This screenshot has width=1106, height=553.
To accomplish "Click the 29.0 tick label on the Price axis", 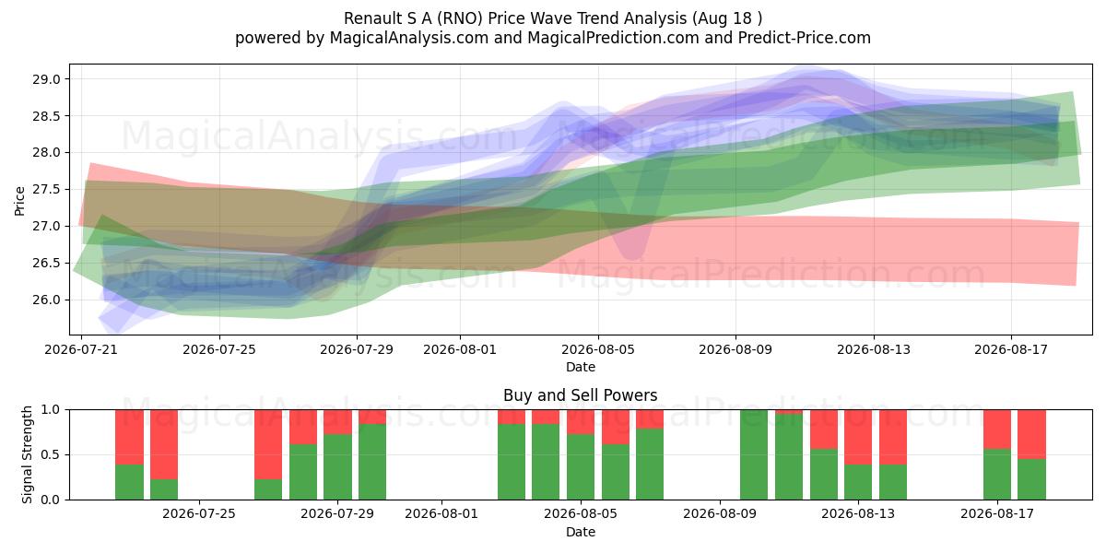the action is point(46,79).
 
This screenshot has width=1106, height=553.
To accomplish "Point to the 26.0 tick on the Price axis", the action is point(46,300).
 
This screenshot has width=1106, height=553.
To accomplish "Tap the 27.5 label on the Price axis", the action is point(46,190).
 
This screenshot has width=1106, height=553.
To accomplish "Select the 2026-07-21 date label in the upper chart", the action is point(81,349).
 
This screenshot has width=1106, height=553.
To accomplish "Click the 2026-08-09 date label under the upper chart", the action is point(735,349).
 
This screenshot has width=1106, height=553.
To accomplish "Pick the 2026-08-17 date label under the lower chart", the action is point(997,514).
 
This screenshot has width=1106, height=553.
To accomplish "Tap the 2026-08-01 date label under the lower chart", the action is point(441,514).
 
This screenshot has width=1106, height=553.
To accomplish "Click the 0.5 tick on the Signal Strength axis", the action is point(50,454).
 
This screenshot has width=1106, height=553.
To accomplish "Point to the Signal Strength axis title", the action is point(27,454).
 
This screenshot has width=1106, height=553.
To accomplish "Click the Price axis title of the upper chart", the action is point(19,201).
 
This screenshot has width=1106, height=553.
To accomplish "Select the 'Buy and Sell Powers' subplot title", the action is point(580,395).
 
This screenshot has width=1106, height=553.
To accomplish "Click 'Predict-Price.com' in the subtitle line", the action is point(805,38).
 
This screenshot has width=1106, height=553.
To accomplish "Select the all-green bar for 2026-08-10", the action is point(754,454).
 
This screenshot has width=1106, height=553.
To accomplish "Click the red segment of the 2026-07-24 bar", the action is point(164,444).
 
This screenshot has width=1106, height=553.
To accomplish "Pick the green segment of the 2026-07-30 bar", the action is point(372,462).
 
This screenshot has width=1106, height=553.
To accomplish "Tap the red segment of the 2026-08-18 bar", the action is point(1031,434).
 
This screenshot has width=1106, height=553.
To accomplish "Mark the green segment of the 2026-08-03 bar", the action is point(512,462).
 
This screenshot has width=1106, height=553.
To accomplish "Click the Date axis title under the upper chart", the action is point(580,368).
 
